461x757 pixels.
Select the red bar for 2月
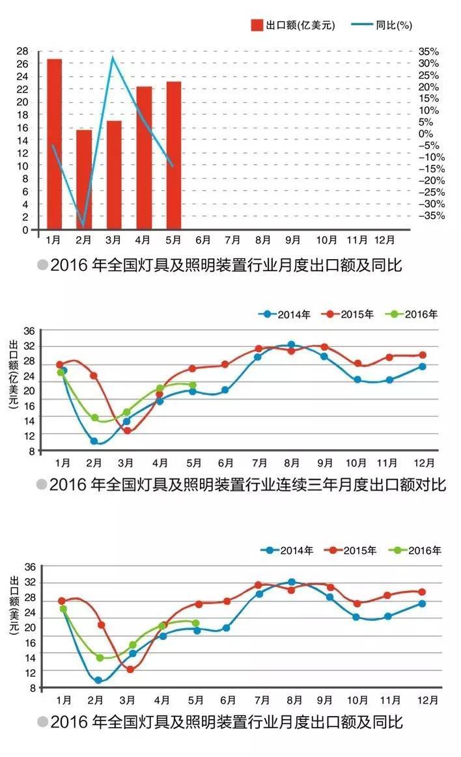tap(84, 179)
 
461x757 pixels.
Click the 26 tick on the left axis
tap(22, 64)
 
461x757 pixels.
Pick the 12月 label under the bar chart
tap(384, 240)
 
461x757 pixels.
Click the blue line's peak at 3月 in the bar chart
tap(113, 58)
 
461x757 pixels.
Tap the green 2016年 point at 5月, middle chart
tap(193, 385)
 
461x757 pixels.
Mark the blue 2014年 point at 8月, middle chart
tap(291, 345)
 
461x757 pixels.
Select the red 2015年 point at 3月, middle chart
tap(127, 430)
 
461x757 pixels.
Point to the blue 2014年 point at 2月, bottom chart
tap(98, 680)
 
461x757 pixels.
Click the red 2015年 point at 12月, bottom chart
tap(422, 592)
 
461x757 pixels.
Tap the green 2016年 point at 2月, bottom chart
tap(100, 658)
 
